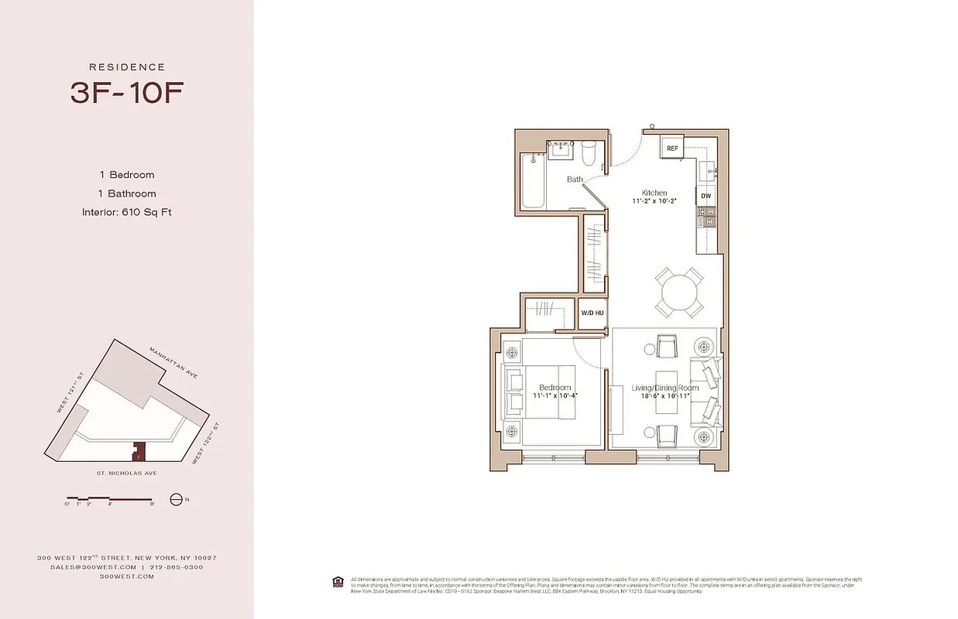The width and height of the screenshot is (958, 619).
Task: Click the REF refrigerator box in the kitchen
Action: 672,148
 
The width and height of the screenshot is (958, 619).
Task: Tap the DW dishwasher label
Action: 706,197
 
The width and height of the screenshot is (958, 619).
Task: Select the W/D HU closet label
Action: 592,313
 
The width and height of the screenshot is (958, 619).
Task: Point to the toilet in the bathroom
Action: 589,154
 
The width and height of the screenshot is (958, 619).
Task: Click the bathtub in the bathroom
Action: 534,181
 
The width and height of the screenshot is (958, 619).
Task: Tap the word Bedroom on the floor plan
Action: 555,387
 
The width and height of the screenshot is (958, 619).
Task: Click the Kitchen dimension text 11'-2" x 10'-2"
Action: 654,202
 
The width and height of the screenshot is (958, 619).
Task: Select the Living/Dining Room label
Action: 664,388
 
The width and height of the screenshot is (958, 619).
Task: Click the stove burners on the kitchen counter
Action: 706,221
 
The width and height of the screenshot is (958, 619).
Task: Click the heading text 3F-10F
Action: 126,92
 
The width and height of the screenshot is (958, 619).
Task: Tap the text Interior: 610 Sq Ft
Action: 126,212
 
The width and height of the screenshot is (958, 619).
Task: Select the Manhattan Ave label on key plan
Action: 174,362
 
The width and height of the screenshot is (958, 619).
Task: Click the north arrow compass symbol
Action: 176,500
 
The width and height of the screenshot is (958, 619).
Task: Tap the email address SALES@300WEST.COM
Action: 86,567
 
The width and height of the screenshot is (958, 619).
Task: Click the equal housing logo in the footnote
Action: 338,581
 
